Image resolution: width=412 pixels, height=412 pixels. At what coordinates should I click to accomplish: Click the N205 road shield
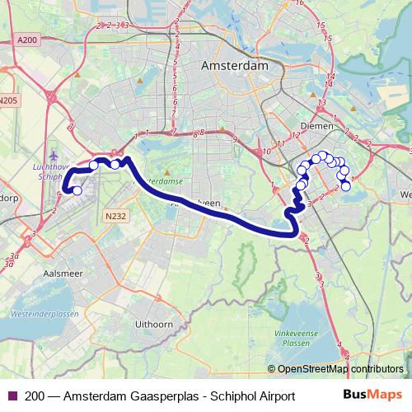8,101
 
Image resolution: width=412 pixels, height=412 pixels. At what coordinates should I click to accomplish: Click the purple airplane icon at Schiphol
54,155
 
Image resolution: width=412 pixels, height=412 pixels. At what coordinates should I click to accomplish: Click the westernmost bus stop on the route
77,191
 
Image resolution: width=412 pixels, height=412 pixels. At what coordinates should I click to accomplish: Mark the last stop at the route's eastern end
346,186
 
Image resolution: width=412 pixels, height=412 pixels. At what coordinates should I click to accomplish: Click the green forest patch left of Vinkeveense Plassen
244,266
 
